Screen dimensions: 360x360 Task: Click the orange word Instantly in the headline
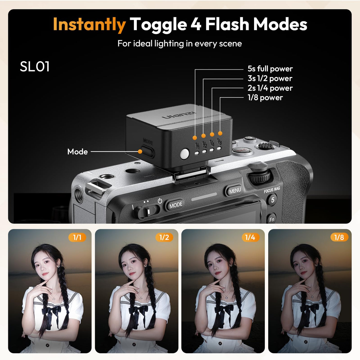(89, 24)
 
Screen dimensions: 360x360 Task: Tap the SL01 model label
(34, 67)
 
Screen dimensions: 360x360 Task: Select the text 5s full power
(270, 69)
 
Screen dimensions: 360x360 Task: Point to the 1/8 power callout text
(265, 98)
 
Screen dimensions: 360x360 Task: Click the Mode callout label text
(78, 152)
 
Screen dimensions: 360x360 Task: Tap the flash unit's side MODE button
(147, 151)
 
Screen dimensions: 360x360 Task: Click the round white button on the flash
(184, 154)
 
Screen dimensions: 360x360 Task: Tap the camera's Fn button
(272, 219)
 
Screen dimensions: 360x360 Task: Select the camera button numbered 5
(272, 200)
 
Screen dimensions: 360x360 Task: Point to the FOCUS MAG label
(272, 190)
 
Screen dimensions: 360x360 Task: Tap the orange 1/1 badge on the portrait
(77, 237)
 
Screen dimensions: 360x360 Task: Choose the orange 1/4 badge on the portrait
(250, 237)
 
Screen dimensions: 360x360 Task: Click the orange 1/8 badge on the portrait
(339, 237)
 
